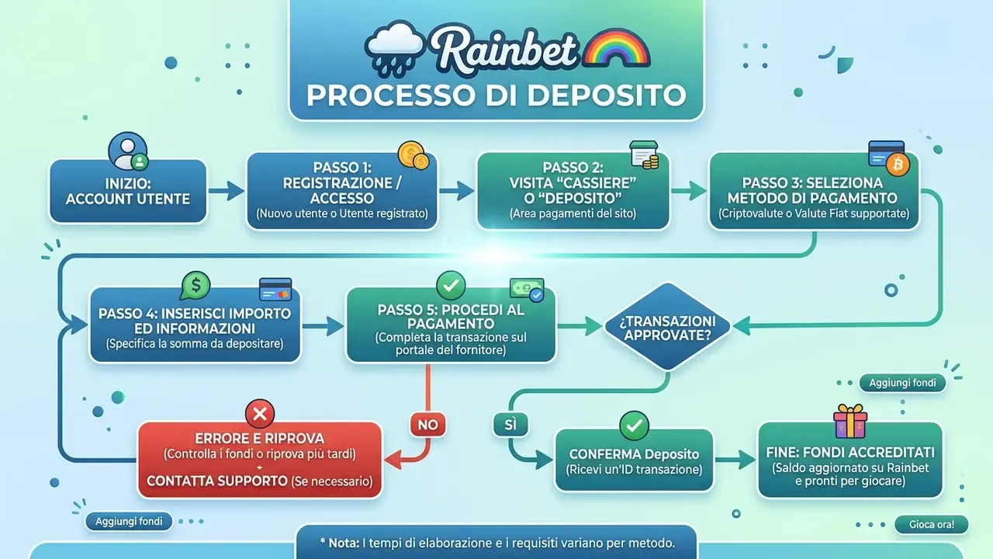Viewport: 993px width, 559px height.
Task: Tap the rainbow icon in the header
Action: click(617, 48)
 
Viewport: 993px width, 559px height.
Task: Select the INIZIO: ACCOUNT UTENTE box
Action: click(128, 191)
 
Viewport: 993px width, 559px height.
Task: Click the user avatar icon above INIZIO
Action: click(129, 151)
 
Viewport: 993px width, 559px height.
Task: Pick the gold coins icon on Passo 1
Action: click(413, 155)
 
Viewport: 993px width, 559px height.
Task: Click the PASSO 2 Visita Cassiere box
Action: click(573, 191)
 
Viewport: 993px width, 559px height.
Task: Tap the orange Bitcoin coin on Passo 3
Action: click(898, 165)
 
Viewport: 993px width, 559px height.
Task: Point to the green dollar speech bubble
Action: click(195, 286)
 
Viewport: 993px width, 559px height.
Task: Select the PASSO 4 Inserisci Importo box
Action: click(195, 325)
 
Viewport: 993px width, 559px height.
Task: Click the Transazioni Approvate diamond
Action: click(668, 327)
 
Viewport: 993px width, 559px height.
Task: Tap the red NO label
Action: click(427, 425)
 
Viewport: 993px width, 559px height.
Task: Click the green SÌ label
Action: click(510, 425)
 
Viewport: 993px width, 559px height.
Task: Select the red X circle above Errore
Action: click(260, 414)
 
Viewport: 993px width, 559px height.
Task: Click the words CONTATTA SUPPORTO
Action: click(217, 481)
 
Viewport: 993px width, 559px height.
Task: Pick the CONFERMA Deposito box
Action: click(634, 460)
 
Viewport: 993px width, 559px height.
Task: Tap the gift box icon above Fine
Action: click(850, 421)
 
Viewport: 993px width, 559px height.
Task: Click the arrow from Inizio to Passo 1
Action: click(227, 191)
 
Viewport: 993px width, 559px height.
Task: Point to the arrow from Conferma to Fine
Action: click(735, 460)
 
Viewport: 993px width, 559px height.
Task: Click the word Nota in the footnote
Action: click(344, 543)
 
